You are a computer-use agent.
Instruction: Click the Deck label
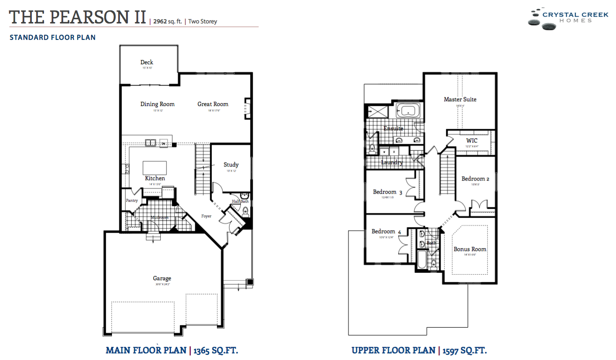[x=147, y=62]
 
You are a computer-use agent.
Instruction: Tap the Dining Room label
[x=157, y=104]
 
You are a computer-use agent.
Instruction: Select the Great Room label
[x=213, y=104]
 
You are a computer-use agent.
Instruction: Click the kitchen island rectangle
[x=155, y=167]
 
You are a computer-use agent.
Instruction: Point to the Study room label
[x=231, y=165]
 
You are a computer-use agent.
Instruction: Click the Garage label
[x=162, y=278]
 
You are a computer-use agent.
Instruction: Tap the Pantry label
[x=132, y=201]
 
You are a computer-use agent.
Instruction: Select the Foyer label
[x=207, y=216]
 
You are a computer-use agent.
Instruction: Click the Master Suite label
[x=460, y=99]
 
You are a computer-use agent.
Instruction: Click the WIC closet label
[x=472, y=141]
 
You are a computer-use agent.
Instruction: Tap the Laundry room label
[x=392, y=163]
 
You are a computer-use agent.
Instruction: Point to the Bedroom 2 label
[x=475, y=179]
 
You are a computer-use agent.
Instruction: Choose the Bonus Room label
[x=470, y=249]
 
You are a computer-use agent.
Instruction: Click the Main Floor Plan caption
[x=175, y=350]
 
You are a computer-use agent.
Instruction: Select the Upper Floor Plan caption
[x=419, y=350]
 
